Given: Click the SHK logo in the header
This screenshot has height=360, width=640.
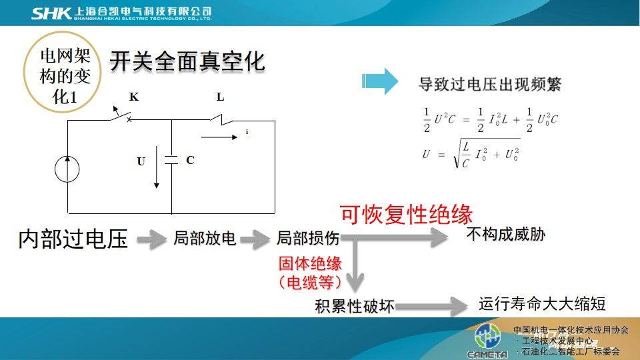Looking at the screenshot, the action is (x=51, y=13).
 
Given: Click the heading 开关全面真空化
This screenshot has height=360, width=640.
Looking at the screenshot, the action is (x=187, y=61).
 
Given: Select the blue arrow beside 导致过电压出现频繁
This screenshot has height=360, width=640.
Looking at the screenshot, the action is (x=379, y=81).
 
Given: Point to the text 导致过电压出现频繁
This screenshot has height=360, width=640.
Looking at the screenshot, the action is (x=490, y=85).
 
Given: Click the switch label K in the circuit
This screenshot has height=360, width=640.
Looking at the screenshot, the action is (x=134, y=97).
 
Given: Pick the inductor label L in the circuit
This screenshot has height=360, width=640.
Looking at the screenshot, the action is (x=220, y=97).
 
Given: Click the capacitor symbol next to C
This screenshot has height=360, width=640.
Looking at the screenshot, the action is (x=171, y=160).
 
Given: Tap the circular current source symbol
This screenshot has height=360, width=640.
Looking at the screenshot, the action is (x=67, y=169).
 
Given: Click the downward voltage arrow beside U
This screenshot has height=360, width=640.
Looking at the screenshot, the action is (x=156, y=167).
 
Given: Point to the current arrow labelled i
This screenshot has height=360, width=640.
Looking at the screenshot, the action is (x=219, y=137).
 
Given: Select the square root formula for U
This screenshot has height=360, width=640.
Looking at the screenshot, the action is (x=471, y=154).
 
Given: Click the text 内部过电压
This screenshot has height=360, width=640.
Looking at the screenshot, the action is (x=73, y=239).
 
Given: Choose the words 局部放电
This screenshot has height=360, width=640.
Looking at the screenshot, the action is (x=205, y=238).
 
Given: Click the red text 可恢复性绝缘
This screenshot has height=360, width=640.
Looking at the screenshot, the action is (x=406, y=214).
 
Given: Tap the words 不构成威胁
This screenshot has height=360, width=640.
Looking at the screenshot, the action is (x=506, y=234).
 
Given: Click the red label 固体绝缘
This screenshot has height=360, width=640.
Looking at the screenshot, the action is (x=310, y=264).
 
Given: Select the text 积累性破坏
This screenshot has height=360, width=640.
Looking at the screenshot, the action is (x=354, y=306).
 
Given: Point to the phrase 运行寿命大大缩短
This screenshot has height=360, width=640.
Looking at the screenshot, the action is (x=542, y=304).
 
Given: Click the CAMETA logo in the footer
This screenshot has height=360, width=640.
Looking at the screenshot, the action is (x=487, y=341).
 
